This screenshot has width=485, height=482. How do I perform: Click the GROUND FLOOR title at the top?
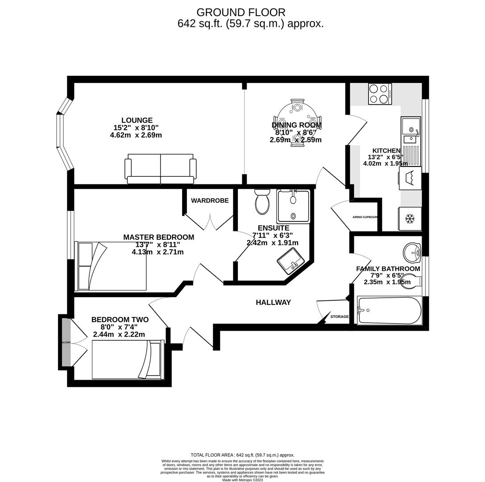[241, 12]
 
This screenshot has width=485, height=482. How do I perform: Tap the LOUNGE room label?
[137, 120]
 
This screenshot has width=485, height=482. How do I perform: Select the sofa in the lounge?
[161, 170]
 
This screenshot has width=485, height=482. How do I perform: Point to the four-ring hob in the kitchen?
[379, 94]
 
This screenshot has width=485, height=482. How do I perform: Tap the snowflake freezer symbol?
[410, 219]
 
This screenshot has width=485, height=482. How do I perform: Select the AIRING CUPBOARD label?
[365, 217]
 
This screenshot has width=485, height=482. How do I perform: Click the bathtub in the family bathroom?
[390, 311]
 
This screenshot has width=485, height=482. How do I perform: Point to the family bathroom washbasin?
[412, 253]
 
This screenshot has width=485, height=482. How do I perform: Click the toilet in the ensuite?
[262, 203]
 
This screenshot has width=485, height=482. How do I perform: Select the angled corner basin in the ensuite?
[291, 261]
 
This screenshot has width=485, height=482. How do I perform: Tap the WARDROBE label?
[210, 201]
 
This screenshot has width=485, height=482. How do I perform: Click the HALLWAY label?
[273, 303]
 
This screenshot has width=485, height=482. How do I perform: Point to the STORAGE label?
[340, 317]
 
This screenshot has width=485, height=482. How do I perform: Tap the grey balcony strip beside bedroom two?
[66, 342]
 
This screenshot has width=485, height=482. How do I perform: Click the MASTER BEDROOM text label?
[158, 237]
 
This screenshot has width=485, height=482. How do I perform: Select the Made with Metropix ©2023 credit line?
[242, 480]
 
